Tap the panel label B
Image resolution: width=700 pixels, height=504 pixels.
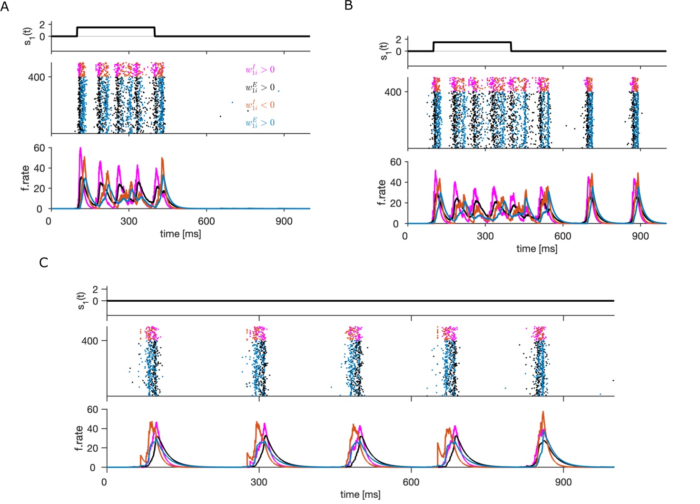(x=348, y=6)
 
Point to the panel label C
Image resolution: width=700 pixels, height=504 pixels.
(x=44, y=262)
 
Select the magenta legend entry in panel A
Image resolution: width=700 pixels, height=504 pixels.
(x=260, y=70)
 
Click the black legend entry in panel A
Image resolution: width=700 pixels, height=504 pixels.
(x=260, y=88)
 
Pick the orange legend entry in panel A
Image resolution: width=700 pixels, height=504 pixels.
(x=260, y=105)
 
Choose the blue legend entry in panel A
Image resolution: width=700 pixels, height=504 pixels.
(x=260, y=123)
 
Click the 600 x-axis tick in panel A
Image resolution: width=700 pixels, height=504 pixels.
(x=206, y=221)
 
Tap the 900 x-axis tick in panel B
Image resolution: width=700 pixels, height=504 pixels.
(x=641, y=236)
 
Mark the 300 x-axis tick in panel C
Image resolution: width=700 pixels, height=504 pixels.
(x=259, y=482)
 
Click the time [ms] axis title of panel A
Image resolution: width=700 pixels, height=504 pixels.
(x=180, y=234)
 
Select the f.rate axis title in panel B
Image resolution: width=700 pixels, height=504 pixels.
(x=382, y=192)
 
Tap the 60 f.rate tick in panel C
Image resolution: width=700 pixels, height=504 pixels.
(x=93, y=410)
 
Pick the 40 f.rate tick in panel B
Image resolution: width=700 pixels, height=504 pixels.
(x=395, y=183)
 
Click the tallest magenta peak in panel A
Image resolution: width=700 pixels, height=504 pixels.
(x=80, y=148)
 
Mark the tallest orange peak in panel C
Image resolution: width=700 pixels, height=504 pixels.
(x=543, y=412)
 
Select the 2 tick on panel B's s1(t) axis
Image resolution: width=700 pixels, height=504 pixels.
(x=399, y=39)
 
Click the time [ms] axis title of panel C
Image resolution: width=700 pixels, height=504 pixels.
(x=360, y=494)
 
